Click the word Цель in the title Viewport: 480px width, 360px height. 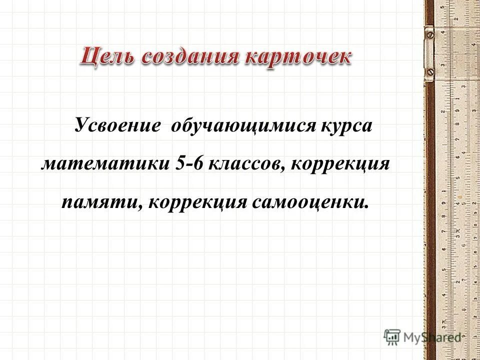(108, 55)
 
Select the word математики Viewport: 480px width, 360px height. (105, 164)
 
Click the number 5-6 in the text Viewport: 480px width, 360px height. (189, 164)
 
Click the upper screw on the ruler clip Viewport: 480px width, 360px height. (429, 34)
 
